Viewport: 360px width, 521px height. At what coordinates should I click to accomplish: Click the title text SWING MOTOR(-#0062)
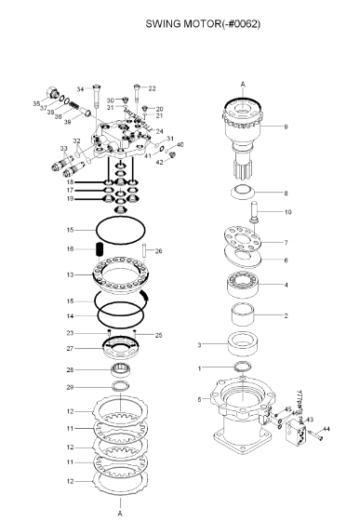pyautogui.click(x=203, y=23)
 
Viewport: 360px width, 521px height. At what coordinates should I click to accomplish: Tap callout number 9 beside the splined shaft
pyautogui.click(x=287, y=126)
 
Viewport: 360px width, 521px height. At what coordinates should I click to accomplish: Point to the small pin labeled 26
pyautogui.click(x=145, y=249)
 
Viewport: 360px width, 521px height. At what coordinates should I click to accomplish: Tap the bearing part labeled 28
pyautogui.click(x=120, y=370)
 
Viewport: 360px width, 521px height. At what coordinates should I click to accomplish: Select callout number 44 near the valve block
pyautogui.click(x=326, y=430)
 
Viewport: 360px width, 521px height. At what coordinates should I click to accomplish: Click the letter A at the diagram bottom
pyautogui.click(x=119, y=512)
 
